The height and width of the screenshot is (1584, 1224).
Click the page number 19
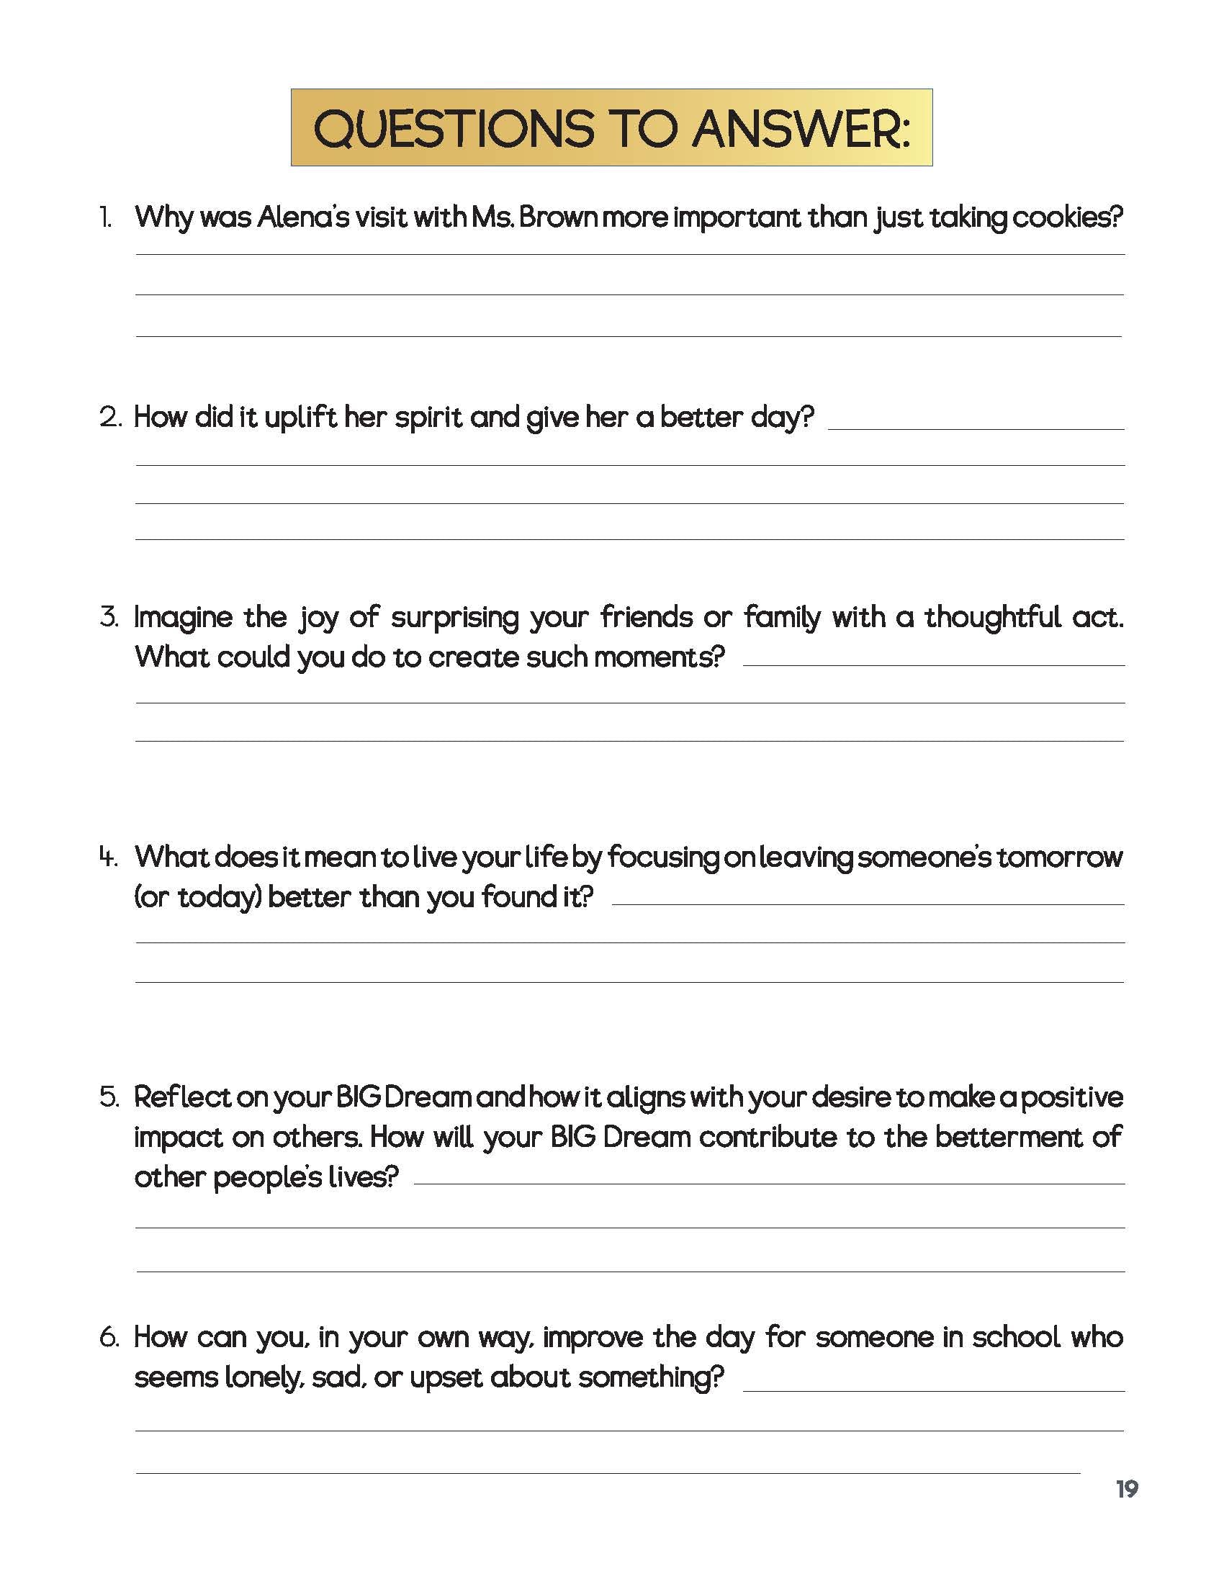[1127, 1490]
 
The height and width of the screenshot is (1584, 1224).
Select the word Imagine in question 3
[182, 618]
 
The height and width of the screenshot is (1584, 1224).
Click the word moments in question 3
[659, 658]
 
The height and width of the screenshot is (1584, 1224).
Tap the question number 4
[109, 858]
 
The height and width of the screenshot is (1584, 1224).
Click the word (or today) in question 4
[197, 898]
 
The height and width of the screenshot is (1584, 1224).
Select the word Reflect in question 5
[181, 1097]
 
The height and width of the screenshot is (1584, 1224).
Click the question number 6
[109, 1338]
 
